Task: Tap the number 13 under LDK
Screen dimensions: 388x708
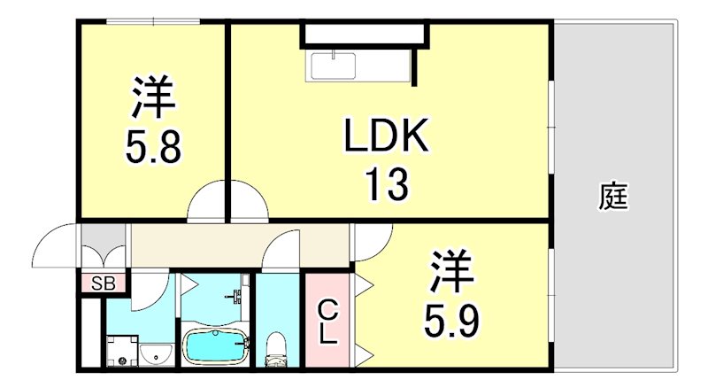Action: click(x=387, y=185)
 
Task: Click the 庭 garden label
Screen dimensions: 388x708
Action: click(x=612, y=196)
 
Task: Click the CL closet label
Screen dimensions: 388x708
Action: click(x=328, y=322)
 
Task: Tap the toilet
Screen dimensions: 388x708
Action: click(x=276, y=346)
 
